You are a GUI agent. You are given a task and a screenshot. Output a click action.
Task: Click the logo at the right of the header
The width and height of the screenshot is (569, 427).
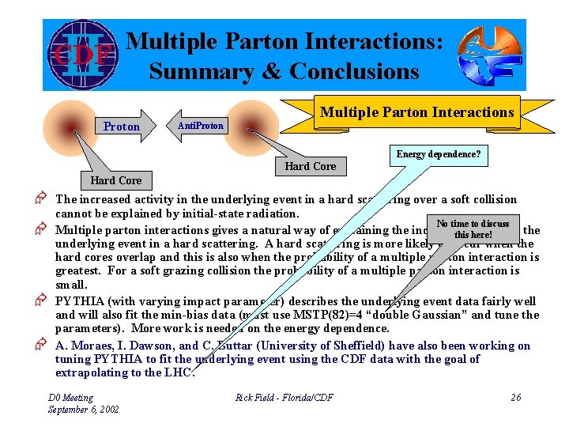tap(488, 55)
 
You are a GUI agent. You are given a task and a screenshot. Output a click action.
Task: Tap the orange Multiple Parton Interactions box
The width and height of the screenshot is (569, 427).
tap(416, 112)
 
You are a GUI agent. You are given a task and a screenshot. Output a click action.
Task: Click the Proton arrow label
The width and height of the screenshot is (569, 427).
tap(121, 127)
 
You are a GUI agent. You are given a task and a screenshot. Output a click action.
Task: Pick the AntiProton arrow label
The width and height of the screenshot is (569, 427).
tap(201, 126)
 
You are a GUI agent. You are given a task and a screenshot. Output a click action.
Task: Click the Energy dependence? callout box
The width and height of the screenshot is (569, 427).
tap(438, 155)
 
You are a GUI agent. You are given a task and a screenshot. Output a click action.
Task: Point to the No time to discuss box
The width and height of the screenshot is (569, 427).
tap(473, 229)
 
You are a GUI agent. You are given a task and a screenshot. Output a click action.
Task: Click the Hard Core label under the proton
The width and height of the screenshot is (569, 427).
tap(116, 180)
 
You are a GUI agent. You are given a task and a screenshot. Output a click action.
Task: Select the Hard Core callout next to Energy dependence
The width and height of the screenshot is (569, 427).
tap(310, 166)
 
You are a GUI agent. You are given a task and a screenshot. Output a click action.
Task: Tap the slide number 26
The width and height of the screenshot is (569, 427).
tap(515, 397)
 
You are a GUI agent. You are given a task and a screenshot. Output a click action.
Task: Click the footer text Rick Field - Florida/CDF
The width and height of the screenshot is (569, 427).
tap(284, 397)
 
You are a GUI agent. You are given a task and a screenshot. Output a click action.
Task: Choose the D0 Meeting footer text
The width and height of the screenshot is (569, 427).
tap(70, 398)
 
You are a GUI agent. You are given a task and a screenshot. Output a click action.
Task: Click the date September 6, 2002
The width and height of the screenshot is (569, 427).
tap(84, 410)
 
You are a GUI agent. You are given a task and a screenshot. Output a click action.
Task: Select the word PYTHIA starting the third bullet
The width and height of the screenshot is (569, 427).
tap(81, 301)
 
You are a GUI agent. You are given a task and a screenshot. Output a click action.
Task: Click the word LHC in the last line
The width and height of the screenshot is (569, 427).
tap(179, 373)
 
